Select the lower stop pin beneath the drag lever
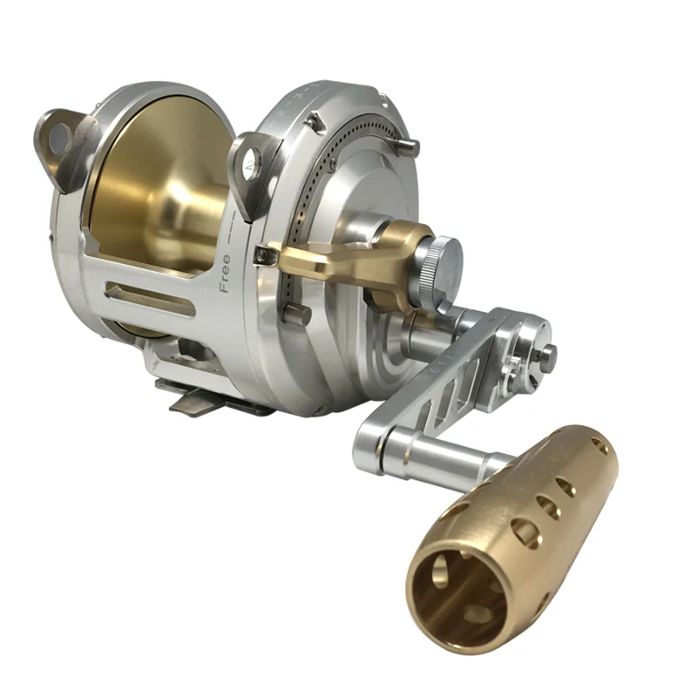tap(296, 313)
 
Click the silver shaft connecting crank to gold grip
tap(444, 453)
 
